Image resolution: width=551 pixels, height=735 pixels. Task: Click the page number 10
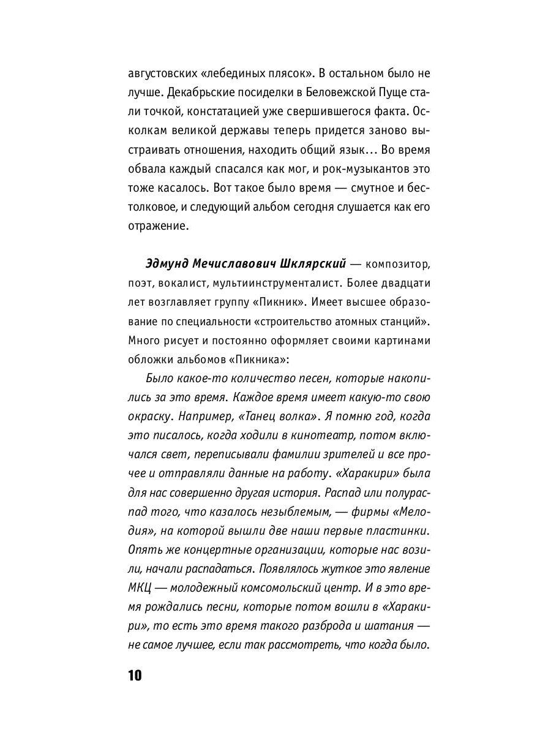pos(135,676)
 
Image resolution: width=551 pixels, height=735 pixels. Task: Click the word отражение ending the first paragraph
pos(156,225)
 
